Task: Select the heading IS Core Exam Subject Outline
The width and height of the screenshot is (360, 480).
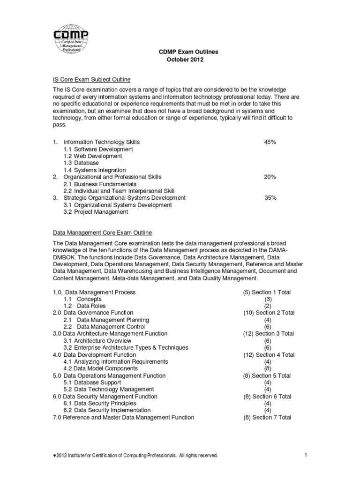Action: point(91,80)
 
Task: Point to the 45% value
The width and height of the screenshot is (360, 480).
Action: point(270,142)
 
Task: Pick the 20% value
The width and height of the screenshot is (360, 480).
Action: point(270,177)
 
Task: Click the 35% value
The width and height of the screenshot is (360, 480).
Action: point(270,198)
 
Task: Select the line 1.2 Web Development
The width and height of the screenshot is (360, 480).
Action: point(93,156)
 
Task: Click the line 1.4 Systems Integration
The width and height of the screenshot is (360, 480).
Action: point(95,170)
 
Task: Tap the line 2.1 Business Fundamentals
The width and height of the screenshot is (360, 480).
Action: point(100,184)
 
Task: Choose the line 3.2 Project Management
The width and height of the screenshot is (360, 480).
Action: point(96,212)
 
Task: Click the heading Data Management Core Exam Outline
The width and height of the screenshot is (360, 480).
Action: point(102,232)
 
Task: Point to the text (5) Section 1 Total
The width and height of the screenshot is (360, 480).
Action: point(267,292)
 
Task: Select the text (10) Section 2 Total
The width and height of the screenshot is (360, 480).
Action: point(269,313)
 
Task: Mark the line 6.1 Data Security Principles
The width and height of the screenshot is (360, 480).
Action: point(100,403)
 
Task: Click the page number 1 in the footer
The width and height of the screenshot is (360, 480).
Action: point(305,455)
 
